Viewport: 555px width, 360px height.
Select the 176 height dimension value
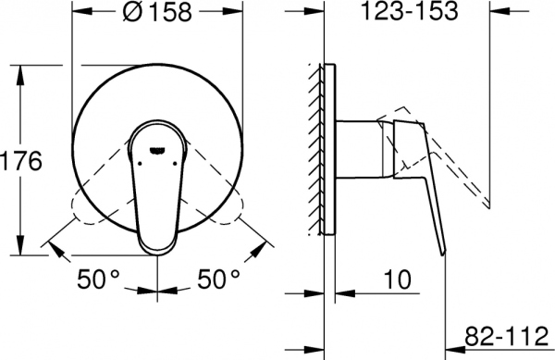[21, 162]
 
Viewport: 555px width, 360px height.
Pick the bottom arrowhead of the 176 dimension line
[20, 252]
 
